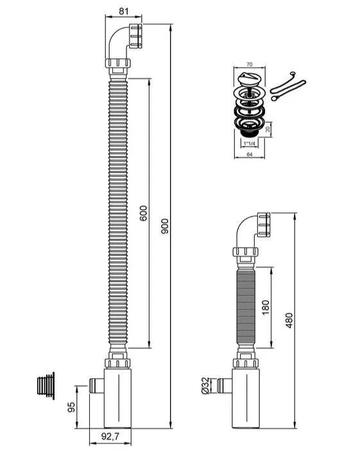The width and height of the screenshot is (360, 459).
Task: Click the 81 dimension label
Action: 123,12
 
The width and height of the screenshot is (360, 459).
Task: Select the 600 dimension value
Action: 143,213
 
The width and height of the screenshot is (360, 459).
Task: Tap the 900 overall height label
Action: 165,226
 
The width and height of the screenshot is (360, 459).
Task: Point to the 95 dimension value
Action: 71,407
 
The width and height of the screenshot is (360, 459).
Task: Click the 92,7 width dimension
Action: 110,437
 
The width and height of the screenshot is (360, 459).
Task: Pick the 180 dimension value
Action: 266,307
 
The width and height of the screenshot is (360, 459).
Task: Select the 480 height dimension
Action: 289,320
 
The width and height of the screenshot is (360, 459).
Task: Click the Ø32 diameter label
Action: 206,386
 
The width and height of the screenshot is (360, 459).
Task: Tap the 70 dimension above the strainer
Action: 249,64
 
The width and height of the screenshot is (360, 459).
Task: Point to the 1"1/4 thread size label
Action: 250,143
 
